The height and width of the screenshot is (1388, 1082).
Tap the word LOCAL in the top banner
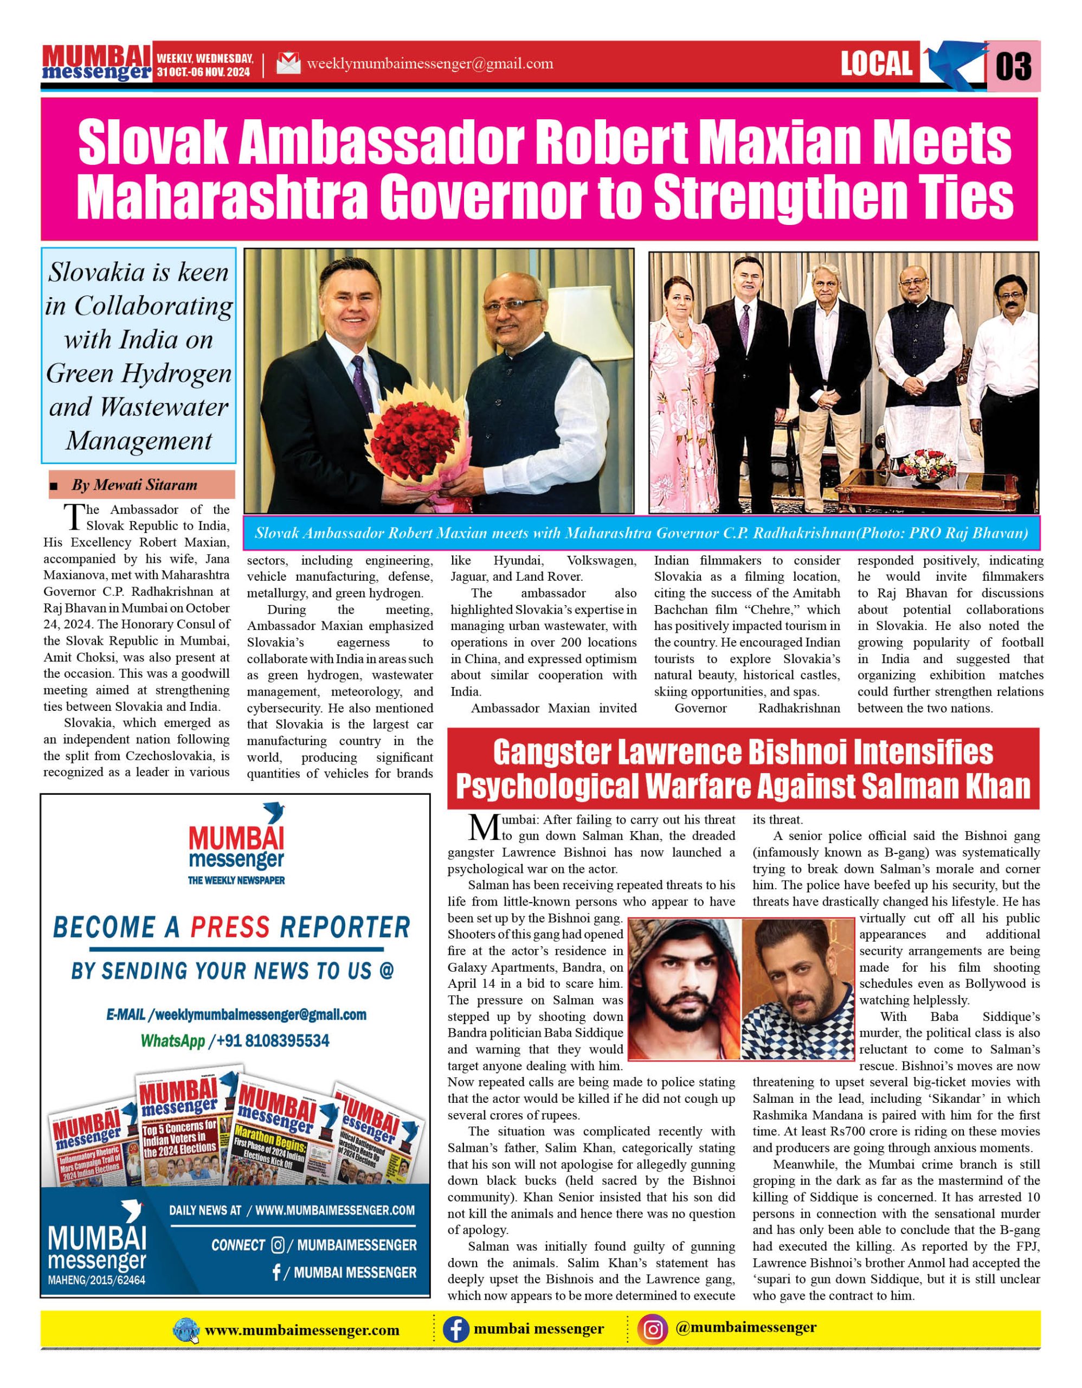tap(876, 64)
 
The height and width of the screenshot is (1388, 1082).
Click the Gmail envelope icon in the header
tap(288, 63)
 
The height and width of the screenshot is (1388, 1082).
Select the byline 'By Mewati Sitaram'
tap(134, 485)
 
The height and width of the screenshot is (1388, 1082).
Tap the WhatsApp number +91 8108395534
tap(273, 1040)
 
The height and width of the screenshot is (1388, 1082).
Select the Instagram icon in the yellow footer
tap(653, 1329)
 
